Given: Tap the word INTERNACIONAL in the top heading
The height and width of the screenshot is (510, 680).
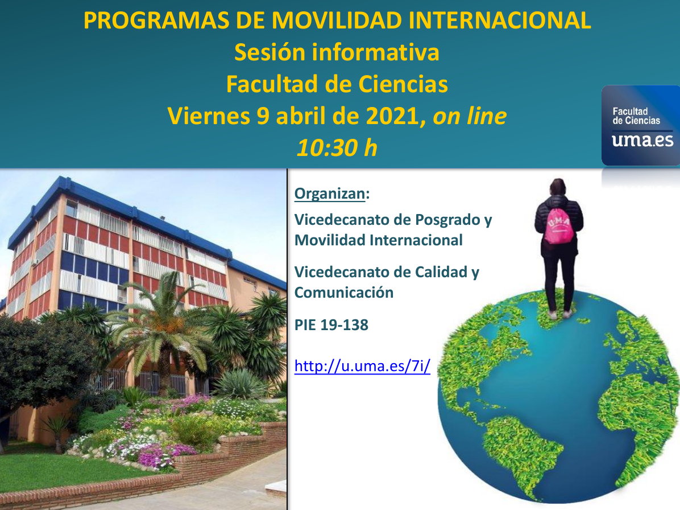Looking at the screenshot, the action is [x=500, y=20].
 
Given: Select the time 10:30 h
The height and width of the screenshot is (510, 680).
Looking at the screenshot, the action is [x=337, y=147].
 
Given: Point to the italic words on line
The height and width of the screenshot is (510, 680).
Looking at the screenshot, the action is [x=470, y=116].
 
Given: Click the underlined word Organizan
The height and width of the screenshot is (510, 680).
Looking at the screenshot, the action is [x=330, y=194].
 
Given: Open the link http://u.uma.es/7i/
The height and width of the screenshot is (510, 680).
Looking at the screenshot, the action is [x=362, y=366].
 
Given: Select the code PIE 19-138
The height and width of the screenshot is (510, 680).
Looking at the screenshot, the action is [x=331, y=324].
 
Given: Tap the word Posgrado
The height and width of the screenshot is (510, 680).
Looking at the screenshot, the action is [x=446, y=220].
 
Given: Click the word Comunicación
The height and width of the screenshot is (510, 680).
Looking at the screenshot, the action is [x=344, y=293].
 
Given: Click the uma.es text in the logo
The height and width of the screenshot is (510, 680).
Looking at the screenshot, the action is [x=642, y=140].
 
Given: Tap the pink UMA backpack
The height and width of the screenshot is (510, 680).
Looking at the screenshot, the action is [x=558, y=226].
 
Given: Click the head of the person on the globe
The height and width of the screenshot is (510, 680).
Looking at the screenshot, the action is [x=558, y=187].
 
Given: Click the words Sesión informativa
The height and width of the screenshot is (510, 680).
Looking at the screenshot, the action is [x=337, y=52].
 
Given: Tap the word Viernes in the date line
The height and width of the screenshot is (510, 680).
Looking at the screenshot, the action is [x=209, y=116].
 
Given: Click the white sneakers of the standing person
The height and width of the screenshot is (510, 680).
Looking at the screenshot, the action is [x=560, y=314].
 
